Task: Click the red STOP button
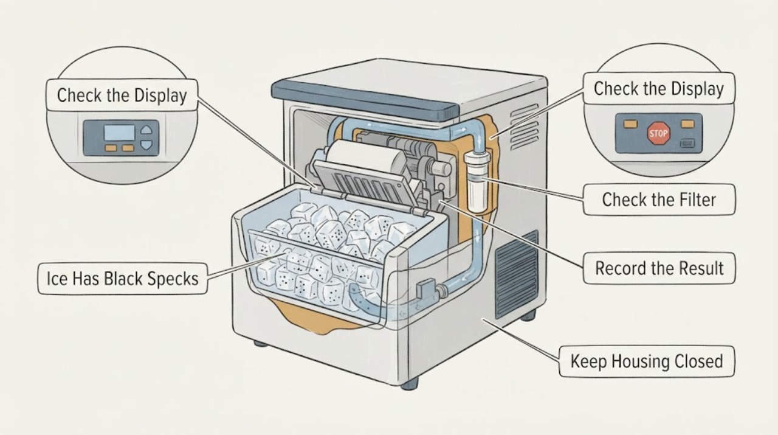coord(658,133)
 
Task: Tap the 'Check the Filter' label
coord(659,200)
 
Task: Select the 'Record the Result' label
coord(659,268)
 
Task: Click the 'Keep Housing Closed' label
coord(647,361)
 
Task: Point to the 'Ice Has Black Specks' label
coord(122,279)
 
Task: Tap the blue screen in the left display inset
coord(119,133)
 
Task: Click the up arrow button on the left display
coord(146,130)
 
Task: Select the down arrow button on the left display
coord(146,144)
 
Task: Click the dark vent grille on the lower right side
coord(517,275)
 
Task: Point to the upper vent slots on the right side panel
coord(525,127)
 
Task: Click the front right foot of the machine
coord(409,383)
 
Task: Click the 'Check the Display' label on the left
coord(122,96)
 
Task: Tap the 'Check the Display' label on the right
coord(659,88)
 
